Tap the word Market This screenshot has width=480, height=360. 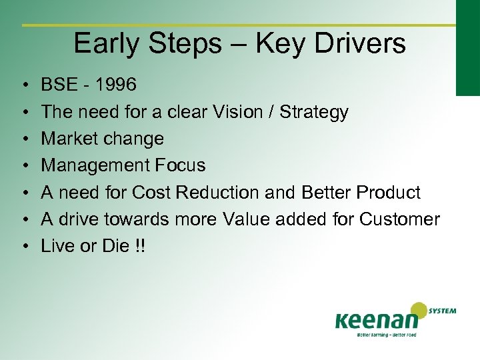(69, 139)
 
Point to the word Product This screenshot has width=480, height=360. (389, 193)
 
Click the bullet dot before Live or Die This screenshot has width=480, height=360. (24, 247)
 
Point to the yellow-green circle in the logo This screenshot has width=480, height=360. (419, 311)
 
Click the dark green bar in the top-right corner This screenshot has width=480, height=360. (467, 47)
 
